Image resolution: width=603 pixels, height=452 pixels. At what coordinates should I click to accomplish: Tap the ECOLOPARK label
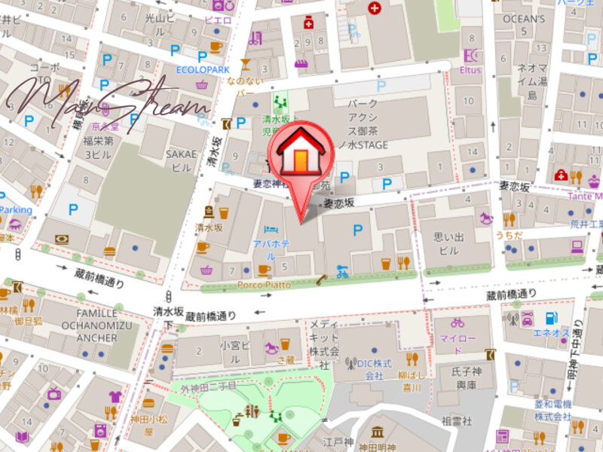[202, 70]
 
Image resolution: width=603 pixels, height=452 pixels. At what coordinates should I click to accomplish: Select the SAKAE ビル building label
[181, 160]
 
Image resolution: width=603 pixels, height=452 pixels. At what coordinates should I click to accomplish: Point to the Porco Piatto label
[265, 285]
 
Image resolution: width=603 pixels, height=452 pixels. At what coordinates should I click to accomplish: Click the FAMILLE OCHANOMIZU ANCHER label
[86, 325]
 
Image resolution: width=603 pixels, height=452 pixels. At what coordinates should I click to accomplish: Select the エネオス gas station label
[551, 332]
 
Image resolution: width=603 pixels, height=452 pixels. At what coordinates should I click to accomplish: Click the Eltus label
[470, 70]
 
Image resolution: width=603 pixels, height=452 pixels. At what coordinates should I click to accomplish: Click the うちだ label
[508, 234]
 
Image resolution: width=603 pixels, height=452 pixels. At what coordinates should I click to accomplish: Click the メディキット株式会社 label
[323, 338]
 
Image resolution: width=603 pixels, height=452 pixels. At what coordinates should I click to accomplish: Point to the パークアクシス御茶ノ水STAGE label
[367, 124]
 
